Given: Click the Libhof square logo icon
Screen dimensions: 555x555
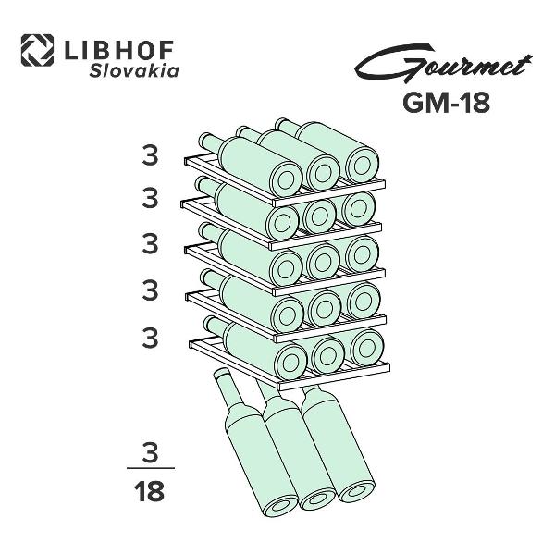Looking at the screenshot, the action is point(37,50).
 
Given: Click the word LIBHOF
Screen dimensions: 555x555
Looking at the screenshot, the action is point(119,50).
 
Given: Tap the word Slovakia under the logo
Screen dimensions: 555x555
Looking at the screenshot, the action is point(134,70).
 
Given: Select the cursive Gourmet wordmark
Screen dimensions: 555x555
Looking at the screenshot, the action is point(443,65).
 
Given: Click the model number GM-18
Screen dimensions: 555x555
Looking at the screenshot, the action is point(446,103).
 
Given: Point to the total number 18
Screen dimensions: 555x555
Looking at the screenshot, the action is point(149,491).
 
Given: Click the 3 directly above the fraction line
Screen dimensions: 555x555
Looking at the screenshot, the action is point(150,452).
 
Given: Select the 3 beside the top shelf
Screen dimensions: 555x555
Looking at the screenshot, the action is point(150,155).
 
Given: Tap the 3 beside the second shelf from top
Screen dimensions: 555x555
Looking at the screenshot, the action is point(150,198).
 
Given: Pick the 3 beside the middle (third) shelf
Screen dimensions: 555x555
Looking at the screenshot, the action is point(150,243).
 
